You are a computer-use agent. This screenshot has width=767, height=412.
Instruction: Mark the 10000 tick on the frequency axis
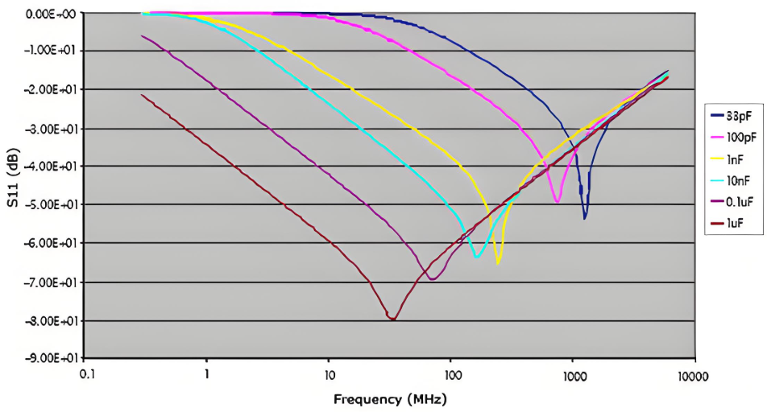[x=692, y=375]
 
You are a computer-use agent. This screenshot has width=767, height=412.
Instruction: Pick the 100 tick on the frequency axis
[x=450, y=375]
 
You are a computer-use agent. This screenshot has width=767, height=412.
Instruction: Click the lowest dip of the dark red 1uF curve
[x=392, y=319]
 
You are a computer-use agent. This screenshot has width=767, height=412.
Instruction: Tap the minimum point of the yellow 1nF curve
[x=499, y=263]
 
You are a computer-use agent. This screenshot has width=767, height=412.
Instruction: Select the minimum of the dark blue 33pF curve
[x=585, y=218]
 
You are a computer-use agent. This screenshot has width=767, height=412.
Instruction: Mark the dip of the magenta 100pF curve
[x=557, y=202]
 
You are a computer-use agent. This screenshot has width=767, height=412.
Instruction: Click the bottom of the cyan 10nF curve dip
[x=477, y=257]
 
